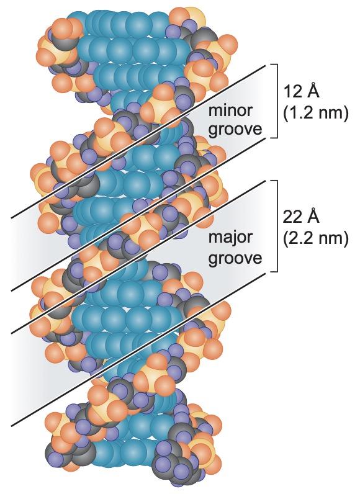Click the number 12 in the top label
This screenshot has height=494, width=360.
point(292,92)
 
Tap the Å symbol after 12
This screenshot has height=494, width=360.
point(312,90)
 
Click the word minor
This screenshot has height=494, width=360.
point(230,110)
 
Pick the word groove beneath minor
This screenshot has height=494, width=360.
point(235,130)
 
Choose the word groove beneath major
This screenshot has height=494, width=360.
point(235,258)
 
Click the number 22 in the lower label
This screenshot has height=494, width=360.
point(292,217)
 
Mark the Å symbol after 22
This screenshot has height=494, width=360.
point(312,215)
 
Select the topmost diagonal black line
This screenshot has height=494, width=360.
point(138,141)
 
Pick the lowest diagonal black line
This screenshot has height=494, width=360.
point(138,349)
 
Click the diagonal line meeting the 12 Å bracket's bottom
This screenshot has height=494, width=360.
point(138,214)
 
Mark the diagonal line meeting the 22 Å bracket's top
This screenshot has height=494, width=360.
point(138,257)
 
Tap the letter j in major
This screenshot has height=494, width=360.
point(228,238)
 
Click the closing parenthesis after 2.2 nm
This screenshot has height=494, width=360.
point(346,239)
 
